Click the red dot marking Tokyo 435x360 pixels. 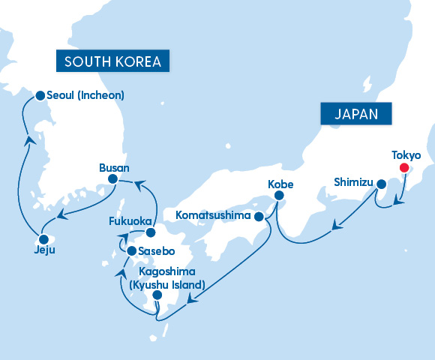tap(405, 168)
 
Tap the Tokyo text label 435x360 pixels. tap(406, 155)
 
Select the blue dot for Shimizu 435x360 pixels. tap(381, 184)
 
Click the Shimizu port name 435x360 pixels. tap(355, 181)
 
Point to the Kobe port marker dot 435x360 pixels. tap(279, 196)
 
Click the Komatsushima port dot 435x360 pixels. tap(259, 217)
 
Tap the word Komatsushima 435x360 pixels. tap(214, 216)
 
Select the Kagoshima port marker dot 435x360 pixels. tap(157, 295)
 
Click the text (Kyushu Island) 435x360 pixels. tap(166, 285)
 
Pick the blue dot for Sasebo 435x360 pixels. tap(132, 251)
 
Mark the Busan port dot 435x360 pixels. tap(112, 179)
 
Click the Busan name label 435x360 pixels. tap(114, 167)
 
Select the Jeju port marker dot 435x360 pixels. tap(42, 239)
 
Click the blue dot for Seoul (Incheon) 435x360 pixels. tap(40, 95)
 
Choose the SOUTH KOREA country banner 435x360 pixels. tap(112, 61)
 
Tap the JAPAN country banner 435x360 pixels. tap(358, 114)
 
